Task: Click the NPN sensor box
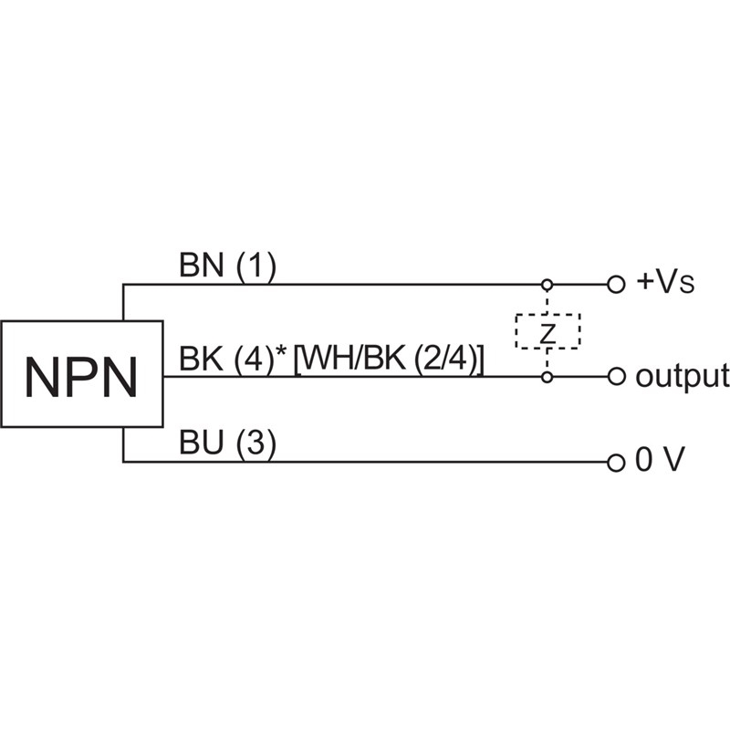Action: point(82,374)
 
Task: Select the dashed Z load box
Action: point(547,331)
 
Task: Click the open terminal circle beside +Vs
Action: point(616,285)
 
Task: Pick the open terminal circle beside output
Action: point(616,376)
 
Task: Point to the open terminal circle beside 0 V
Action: point(616,462)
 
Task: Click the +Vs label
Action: point(665,283)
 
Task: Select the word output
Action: point(682,375)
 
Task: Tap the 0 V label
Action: point(659,462)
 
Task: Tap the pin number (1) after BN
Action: point(255,266)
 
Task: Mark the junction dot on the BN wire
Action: point(547,285)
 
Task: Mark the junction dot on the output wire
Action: point(547,376)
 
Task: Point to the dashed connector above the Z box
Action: point(547,301)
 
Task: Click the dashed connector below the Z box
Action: point(547,360)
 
